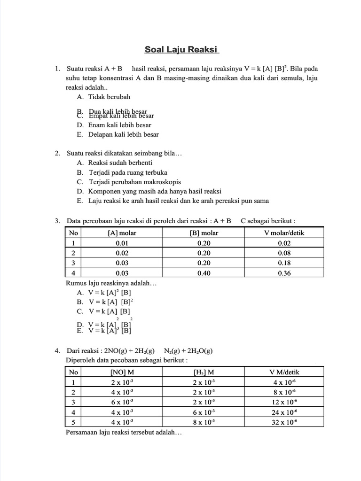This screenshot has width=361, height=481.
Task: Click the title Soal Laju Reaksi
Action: (x=181, y=50)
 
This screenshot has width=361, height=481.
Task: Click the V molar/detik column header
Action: (x=284, y=233)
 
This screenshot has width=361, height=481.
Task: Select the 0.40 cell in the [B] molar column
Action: (x=204, y=273)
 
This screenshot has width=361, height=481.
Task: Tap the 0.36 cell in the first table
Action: (x=284, y=273)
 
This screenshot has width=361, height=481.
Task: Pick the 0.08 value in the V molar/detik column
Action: (x=284, y=253)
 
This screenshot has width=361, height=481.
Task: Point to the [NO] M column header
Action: (x=122, y=372)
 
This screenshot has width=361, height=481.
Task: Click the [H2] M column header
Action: (x=204, y=372)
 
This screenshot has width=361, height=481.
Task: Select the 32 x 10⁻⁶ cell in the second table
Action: (x=284, y=422)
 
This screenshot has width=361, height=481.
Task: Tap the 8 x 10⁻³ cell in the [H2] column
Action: (x=204, y=422)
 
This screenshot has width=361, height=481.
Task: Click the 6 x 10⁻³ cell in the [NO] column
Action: (x=122, y=402)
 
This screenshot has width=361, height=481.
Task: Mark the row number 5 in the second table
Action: (x=73, y=422)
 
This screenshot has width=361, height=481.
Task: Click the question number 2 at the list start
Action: (x=57, y=153)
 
